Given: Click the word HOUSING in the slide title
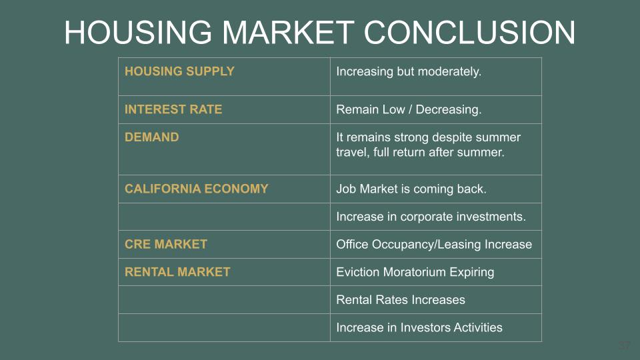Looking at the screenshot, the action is pos(138,32).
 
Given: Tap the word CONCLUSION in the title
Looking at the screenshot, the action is pos(469,32).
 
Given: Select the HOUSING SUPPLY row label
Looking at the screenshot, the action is pos(179,71).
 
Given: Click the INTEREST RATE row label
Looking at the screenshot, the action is pos(173,109).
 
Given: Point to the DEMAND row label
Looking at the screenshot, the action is pos(152,137).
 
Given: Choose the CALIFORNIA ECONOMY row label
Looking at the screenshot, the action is pos(196,189).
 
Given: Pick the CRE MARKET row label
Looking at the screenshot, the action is pos(166,244).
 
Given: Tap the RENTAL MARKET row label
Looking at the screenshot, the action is pos(177,272).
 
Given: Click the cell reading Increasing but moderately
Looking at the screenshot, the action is pos(409,72).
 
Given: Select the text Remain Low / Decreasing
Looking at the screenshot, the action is pos(409,109).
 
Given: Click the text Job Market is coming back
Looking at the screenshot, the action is pos(411,189).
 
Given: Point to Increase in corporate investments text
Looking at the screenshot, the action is pos(431,216).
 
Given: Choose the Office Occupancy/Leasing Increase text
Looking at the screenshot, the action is pos(434,245).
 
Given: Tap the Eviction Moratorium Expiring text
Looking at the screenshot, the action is pos(415,272).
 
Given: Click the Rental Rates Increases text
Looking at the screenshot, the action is pos(401,300).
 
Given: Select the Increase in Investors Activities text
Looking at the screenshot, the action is pos(419,327).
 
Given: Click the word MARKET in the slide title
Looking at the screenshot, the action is pos(288,32).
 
